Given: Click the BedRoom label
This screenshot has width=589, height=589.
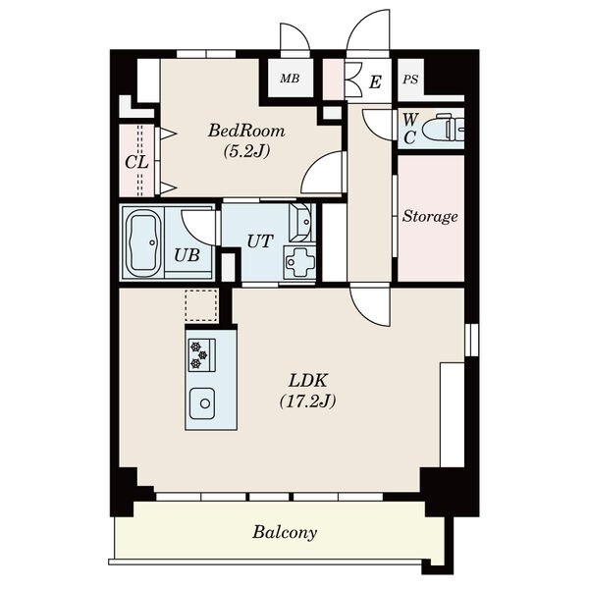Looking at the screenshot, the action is [x=246, y=132].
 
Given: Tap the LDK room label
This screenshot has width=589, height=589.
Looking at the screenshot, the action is [x=308, y=381].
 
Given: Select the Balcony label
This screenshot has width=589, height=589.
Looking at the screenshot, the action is [x=285, y=533].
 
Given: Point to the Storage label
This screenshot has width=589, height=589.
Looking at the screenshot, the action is [x=430, y=216].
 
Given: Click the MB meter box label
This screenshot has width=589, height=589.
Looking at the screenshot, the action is [x=290, y=79].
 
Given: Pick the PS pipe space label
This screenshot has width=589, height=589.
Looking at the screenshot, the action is [x=410, y=80].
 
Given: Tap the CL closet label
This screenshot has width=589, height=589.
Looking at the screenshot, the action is [x=136, y=163].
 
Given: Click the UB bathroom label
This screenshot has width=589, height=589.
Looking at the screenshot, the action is [x=187, y=255].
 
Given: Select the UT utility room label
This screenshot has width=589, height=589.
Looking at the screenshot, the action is [x=259, y=241].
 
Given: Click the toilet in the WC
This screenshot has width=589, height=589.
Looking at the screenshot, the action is [x=443, y=129].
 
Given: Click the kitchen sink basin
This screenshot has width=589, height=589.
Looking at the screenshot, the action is [x=202, y=403].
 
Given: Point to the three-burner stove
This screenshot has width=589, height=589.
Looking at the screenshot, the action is [x=201, y=355].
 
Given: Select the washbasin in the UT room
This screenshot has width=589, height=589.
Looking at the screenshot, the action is [x=300, y=223].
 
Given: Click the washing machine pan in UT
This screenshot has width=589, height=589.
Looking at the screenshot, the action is [x=299, y=262].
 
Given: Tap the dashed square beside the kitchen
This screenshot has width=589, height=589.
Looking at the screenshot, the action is [x=201, y=305].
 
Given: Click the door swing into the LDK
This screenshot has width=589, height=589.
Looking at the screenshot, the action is [x=370, y=305].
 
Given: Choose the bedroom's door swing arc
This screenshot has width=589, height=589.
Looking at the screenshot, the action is [x=323, y=172].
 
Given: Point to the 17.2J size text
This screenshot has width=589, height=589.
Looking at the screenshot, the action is [x=307, y=402].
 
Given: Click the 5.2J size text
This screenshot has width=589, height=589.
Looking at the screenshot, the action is [x=246, y=151].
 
